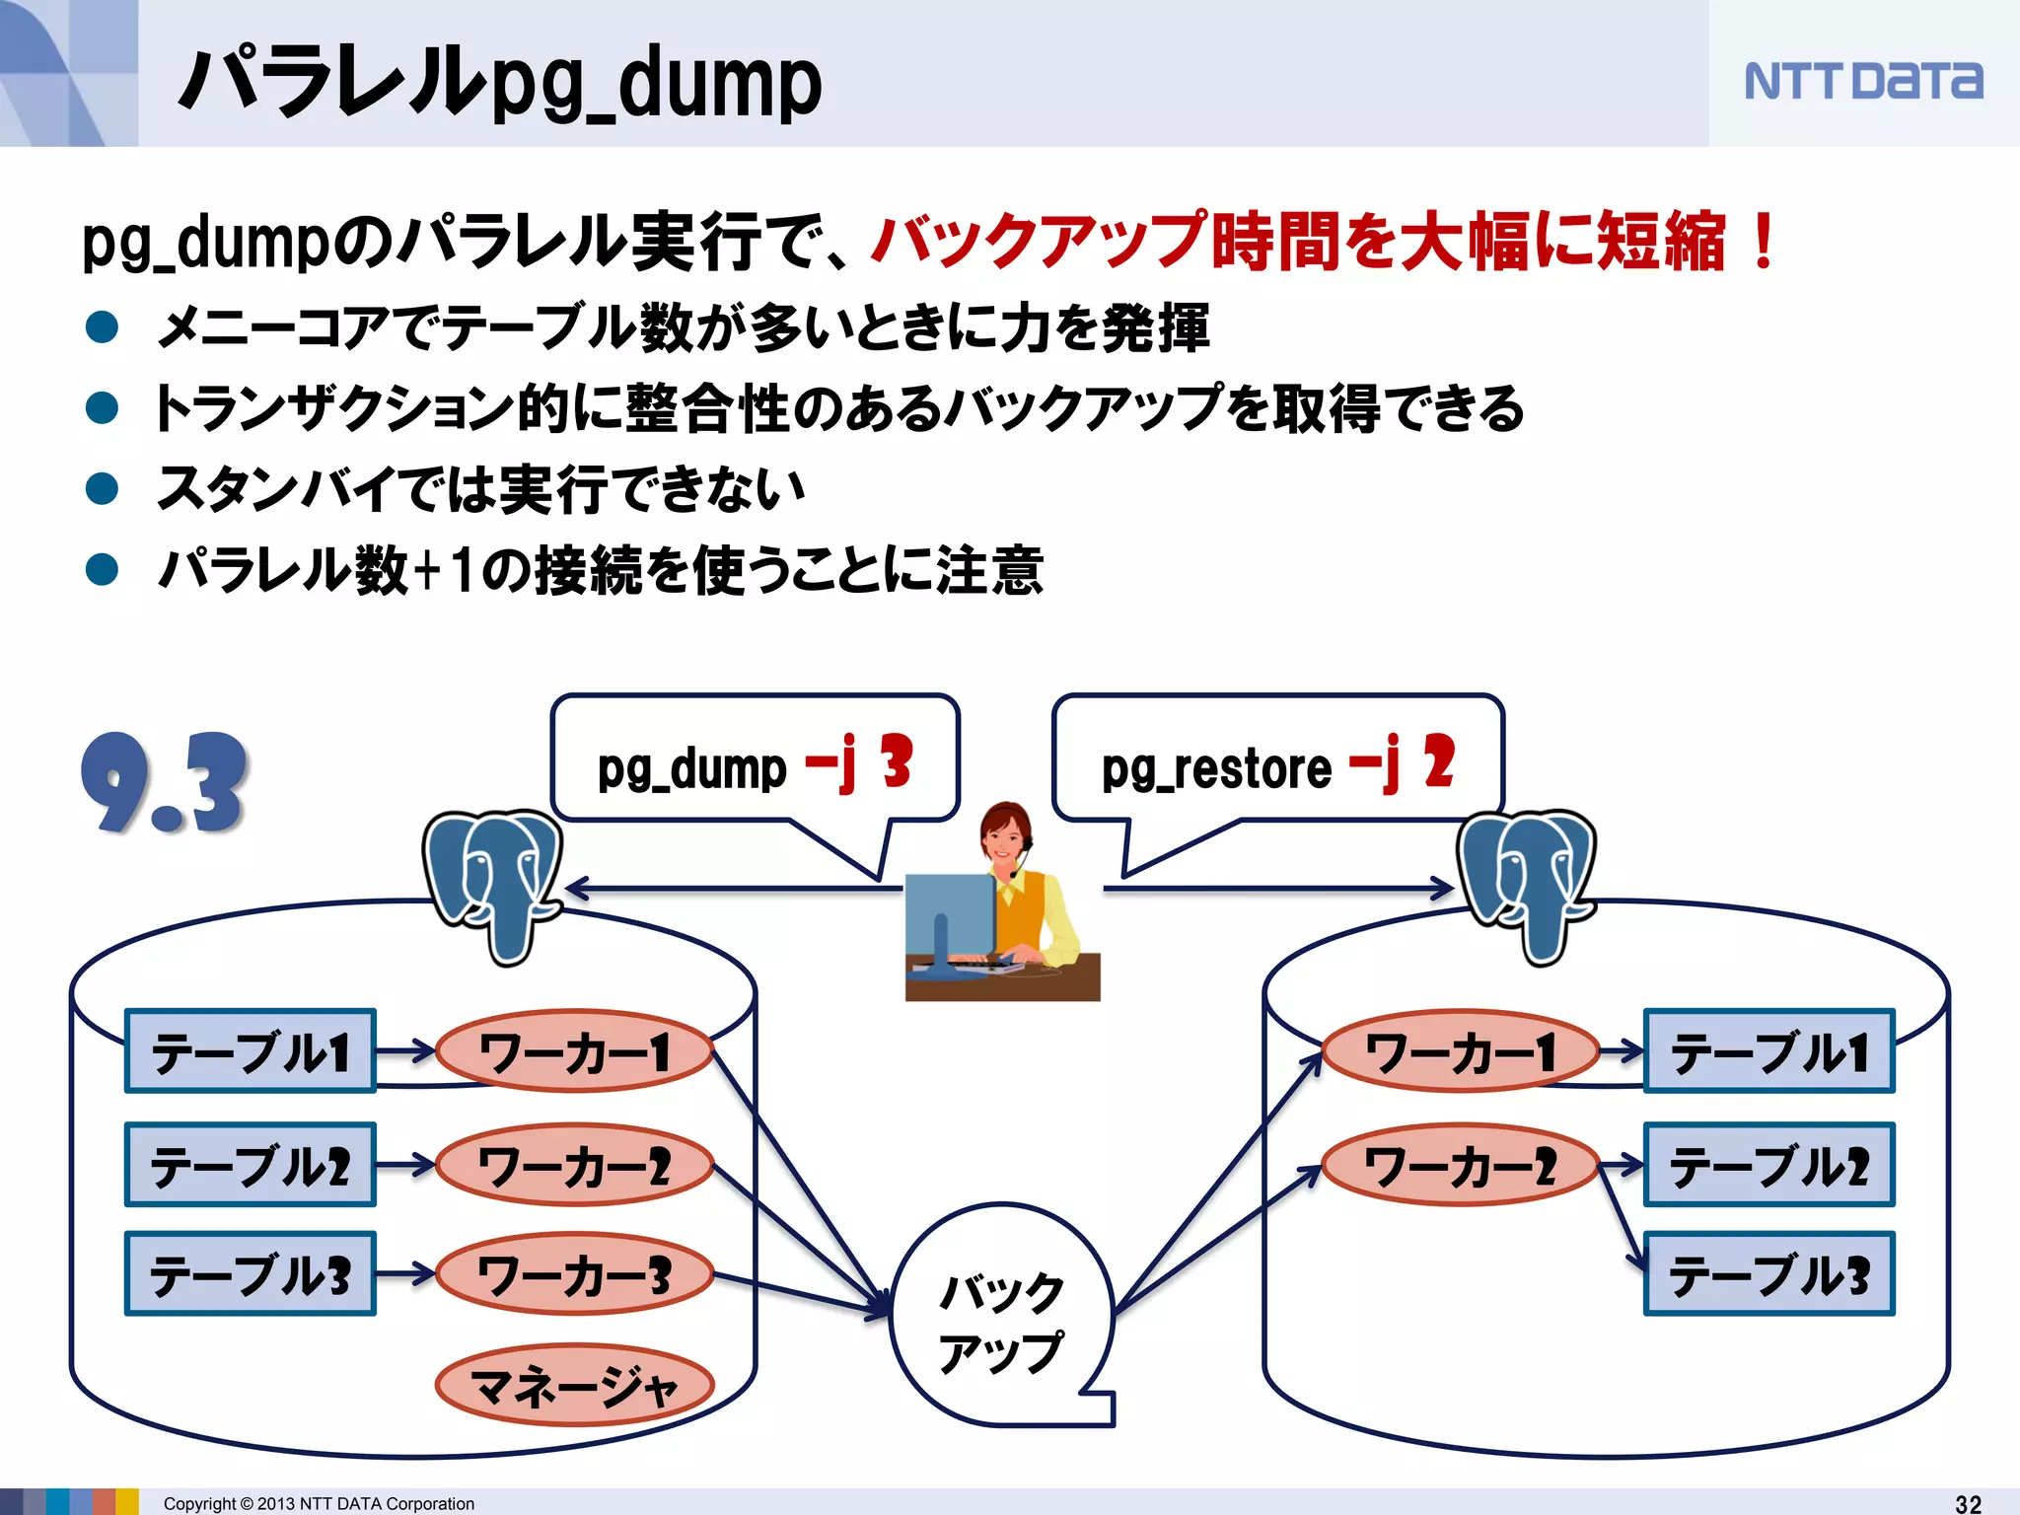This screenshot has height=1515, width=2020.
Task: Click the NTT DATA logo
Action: (x=1862, y=81)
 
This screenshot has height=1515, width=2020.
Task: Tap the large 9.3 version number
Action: (x=164, y=783)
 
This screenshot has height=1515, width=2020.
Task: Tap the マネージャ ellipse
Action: (x=574, y=1385)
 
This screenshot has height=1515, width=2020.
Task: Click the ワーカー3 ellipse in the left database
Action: (x=574, y=1273)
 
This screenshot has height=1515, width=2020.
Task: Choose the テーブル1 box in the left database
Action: (x=251, y=1051)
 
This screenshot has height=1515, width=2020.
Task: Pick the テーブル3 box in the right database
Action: (x=1768, y=1273)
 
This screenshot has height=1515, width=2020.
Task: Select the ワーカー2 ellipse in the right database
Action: (x=1460, y=1165)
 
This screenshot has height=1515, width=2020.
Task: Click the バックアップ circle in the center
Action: (x=1001, y=1317)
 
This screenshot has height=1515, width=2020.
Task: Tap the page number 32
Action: (x=1968, y=1503)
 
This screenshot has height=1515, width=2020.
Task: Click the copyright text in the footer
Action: (x=319, y=1503)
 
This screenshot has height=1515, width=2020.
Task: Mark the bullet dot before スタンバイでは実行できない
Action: (x=103, y=488)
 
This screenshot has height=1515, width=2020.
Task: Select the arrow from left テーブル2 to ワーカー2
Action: (x=404, y=1165)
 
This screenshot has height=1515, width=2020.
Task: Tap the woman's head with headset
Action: (x=1006, y=833)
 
